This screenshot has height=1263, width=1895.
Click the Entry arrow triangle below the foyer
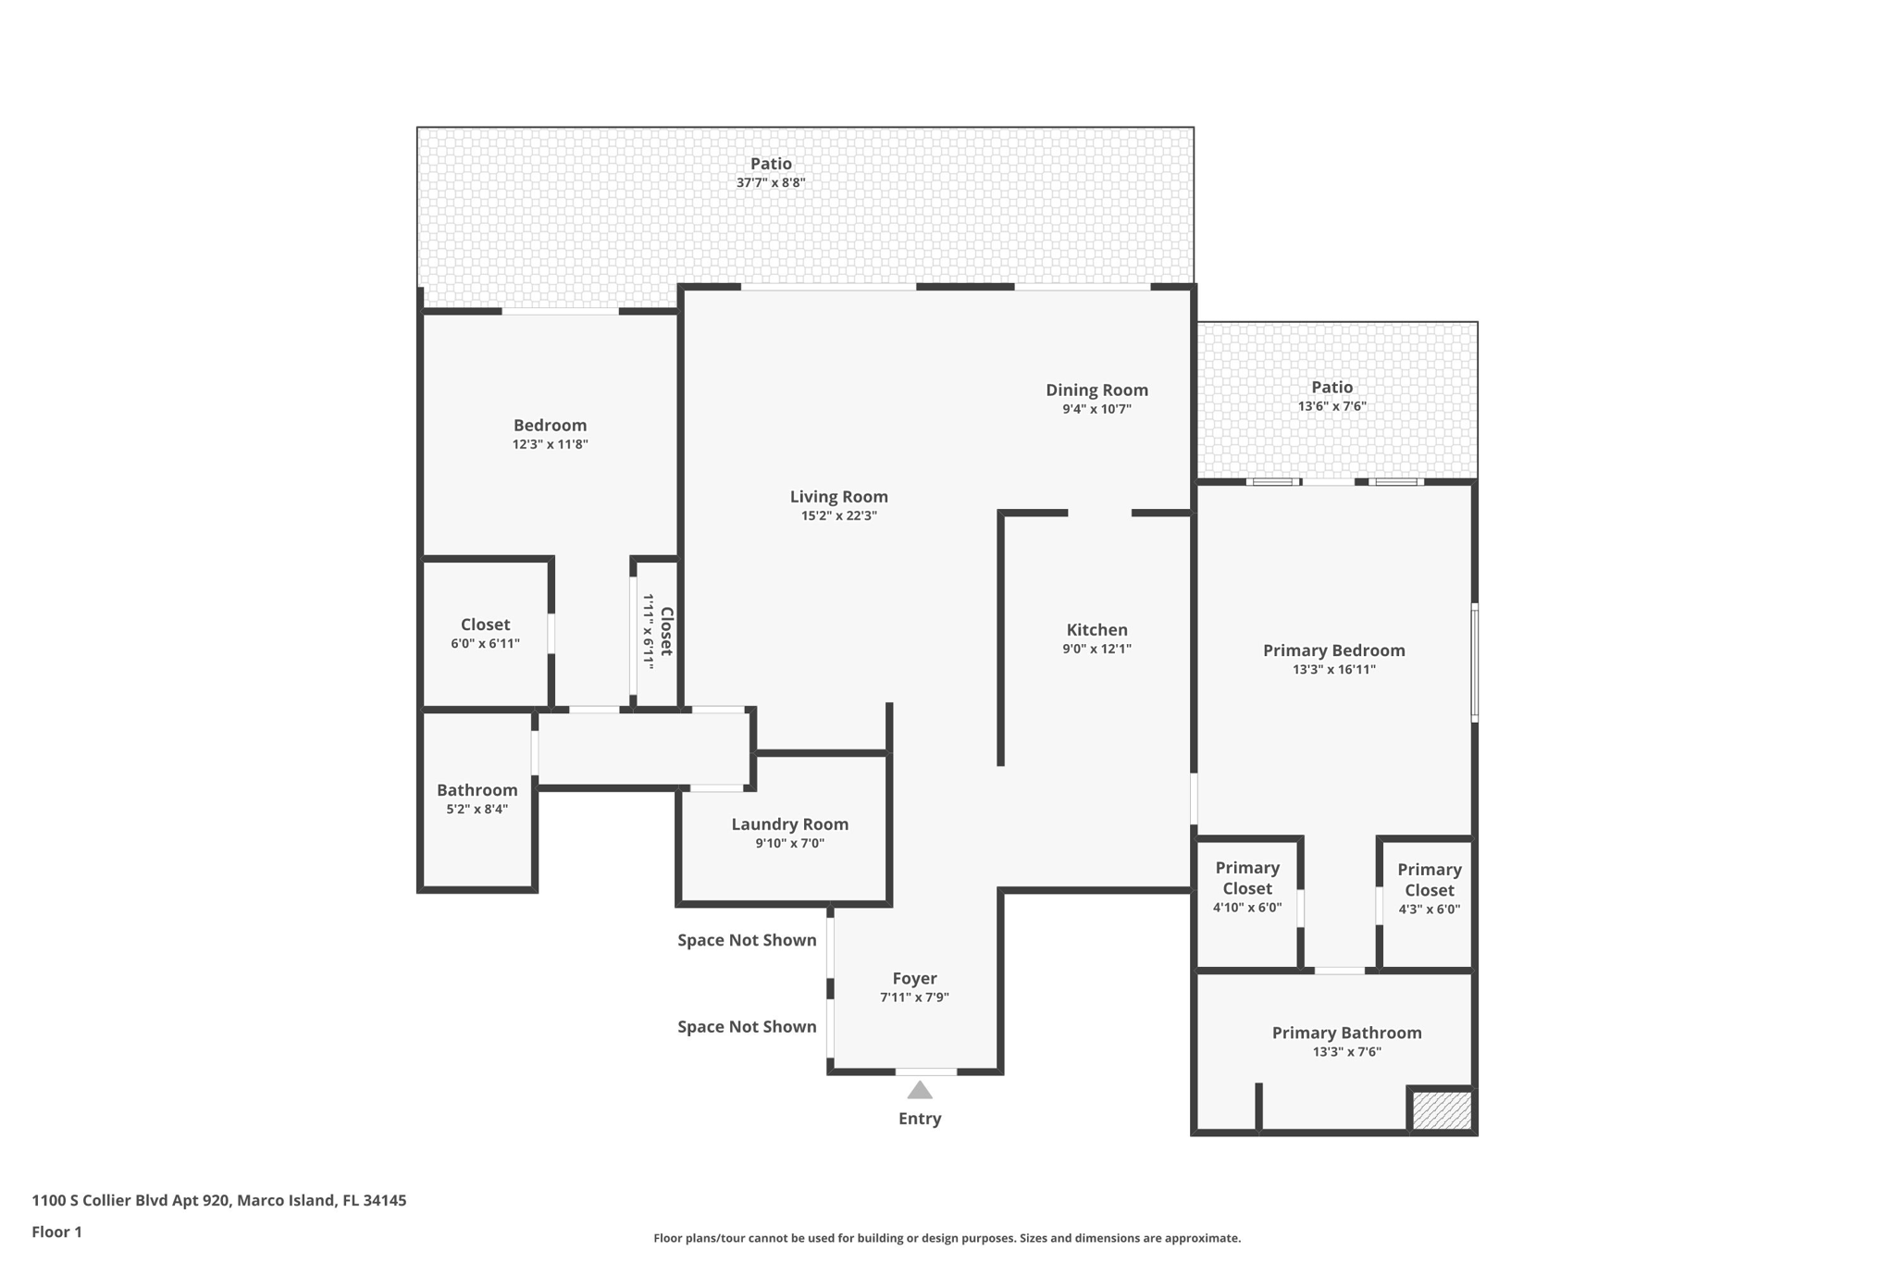[x=919, y=1090]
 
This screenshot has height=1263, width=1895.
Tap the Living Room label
[x=838, y=497]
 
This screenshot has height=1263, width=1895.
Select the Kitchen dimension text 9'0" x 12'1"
[x=1096, y=649]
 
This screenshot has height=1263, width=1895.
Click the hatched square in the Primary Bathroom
[x=1442, y=1109]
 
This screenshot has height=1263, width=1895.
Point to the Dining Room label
[x=1096, y=390]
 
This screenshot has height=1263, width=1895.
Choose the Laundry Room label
[x=789, y=824]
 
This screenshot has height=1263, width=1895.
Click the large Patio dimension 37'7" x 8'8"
[x=770, y=182]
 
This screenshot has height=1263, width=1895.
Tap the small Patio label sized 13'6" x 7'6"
[x=1331, y=388]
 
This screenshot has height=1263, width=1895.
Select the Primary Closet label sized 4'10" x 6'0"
[x=1246, y=878]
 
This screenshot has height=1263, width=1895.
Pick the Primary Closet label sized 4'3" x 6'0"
[x=1429, y=880]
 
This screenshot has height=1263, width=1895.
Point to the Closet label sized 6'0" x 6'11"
[x=485, y=625]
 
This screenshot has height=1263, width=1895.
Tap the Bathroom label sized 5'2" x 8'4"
[x=477, y=790]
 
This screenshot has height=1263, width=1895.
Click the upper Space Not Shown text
[x=747, y=940]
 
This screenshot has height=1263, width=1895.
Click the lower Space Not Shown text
[x=747, y=1026]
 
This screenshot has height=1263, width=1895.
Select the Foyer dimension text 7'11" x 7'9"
[x=914, y=997]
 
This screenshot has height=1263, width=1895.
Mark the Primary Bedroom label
[x=1333, y=650]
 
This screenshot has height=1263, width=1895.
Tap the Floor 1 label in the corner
[x=56, y=1232]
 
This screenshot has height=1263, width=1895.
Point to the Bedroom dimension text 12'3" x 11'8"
[x=550, y=444]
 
